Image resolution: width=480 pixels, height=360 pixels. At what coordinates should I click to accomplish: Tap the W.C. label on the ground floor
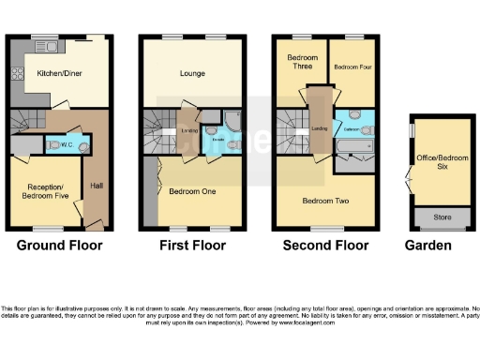click(67, 145)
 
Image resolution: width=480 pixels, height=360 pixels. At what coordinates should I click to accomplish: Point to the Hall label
click(97, 186)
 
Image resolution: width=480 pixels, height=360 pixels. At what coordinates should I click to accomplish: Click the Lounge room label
click(192, 73)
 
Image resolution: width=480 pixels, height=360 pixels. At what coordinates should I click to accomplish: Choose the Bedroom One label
click(192, 191)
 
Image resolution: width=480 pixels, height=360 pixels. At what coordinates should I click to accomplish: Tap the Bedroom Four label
click(352, 67)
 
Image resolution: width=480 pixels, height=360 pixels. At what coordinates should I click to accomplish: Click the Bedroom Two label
click(325, 200)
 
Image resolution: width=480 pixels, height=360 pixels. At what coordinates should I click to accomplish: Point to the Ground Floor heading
click(60, 246)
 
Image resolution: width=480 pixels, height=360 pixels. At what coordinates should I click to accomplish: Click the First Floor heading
click(192, 246)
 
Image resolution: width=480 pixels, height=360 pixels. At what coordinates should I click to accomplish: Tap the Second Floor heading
click(325, 246)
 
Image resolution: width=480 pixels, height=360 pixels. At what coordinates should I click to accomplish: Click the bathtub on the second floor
click(356, 148)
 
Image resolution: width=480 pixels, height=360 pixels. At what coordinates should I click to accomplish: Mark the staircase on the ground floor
click(28, 122)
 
